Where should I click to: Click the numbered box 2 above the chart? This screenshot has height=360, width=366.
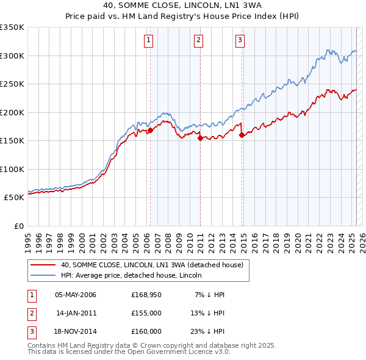pos(199,41)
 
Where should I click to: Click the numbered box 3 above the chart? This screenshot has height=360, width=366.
pos(240,41)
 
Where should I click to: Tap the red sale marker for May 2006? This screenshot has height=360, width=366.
pos(150,129)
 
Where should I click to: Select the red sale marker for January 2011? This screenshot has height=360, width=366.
pos(200,138)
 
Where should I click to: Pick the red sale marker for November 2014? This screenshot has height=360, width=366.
pos(242,135)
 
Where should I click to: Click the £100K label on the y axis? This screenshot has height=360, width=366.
pos(12,169)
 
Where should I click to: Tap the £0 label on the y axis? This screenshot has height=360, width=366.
pos(19,226)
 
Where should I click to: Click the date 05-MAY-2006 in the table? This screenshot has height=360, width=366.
pos(76,295)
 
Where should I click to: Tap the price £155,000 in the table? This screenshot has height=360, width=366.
pos(146,313)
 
